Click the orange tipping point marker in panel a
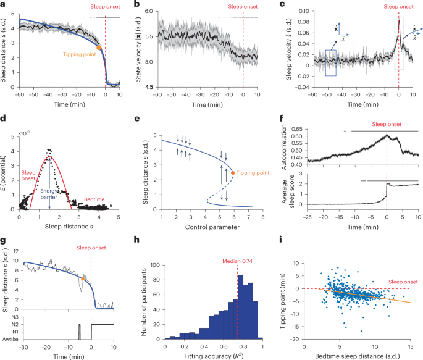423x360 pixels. point(99,47)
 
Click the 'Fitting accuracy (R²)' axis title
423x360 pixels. point(214,356)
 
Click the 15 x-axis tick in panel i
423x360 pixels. point(411,343)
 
